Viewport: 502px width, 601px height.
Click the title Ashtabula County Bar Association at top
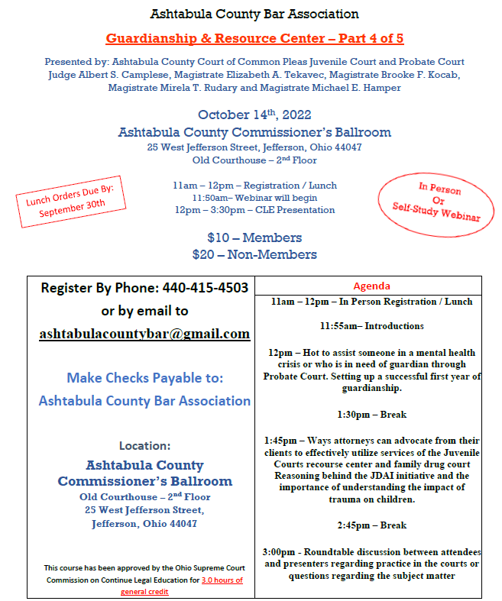point(254,14)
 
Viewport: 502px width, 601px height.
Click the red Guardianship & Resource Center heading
point(254,37)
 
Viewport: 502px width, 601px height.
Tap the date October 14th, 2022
point(254,115)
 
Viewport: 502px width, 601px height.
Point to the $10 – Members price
point(254,237)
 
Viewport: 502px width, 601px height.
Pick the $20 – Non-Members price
point(254,254)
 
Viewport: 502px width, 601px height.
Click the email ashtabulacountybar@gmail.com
point(144,334)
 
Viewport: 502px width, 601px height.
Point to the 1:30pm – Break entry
point(371,415)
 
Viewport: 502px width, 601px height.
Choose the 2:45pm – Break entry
point(371,525)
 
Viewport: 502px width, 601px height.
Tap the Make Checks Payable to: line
point(144,377)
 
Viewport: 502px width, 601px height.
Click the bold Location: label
point(144,445)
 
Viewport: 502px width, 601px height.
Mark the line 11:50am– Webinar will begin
point(254,198)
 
